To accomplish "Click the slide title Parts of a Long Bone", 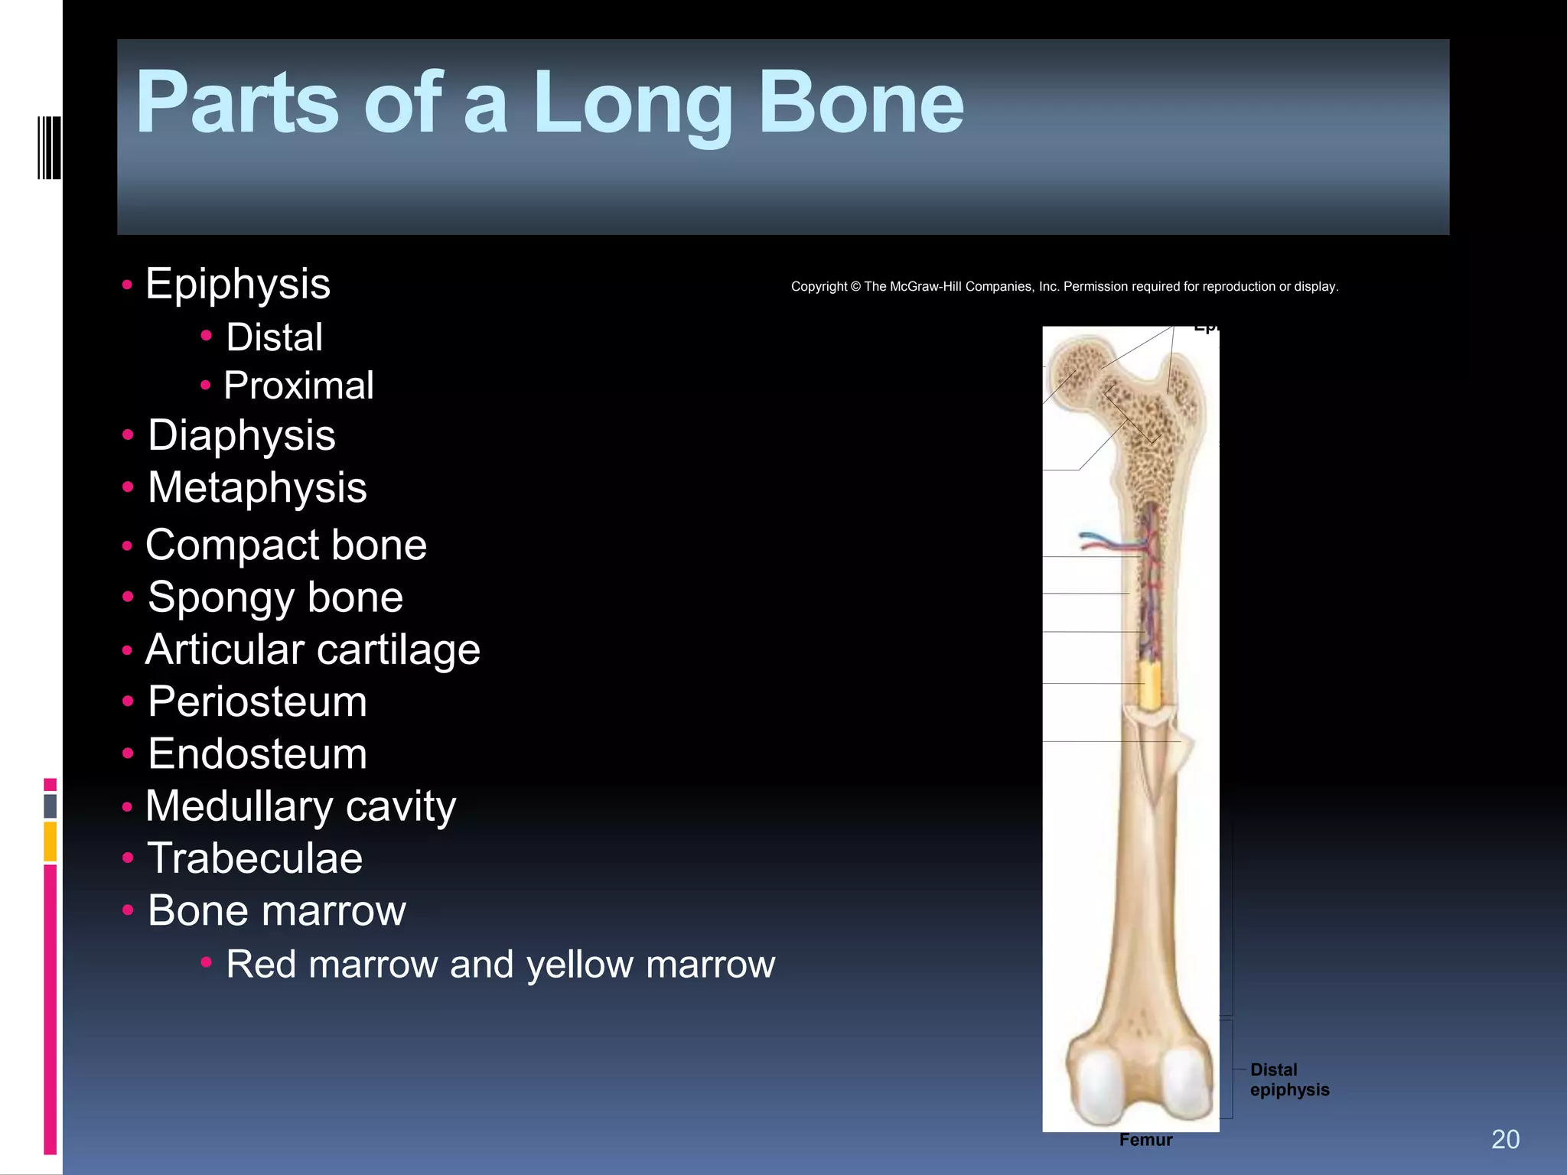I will pyautogui.click(x=549, y=103).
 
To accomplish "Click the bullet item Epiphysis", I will pyautogui.click(x=237, y=285).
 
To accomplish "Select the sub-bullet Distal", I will pyautogui.click(x=274, y=337).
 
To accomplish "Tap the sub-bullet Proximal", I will pyautogui.click(x=298, y=386).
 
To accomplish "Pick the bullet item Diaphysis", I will pyautogui.click(x=241, y=435).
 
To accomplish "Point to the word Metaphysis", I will pyautogui.click(x=257, y=488).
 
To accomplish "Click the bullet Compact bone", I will pyautogui.click(x=285, y=545).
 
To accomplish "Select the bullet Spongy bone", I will pyautogui.click(x=275, y=597).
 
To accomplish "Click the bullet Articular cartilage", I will pyautogui.click(x=312, y=650).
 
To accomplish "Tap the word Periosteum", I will pyautogui.click(x=257, y=702).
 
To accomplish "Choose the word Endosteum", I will pyautogui.click(x=257, y=754).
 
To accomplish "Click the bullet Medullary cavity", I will pyautogui.click(x=300, y=807).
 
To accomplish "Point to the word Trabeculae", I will pyautogui.click(x=254, y=858).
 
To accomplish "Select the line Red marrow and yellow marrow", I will pyautogui.click(x=500, y=964).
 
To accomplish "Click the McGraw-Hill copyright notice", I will pyautogui.click(x=1064, y=287).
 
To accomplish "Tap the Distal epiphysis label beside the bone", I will pyautogui.click(x=1289, y=1079).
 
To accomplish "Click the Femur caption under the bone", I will pyautogui.click(x=1145, y=1140).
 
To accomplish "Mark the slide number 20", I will pyautogui.click(x=1505, y=1140).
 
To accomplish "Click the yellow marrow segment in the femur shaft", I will pyautogui.click(x=1148, y=685).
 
